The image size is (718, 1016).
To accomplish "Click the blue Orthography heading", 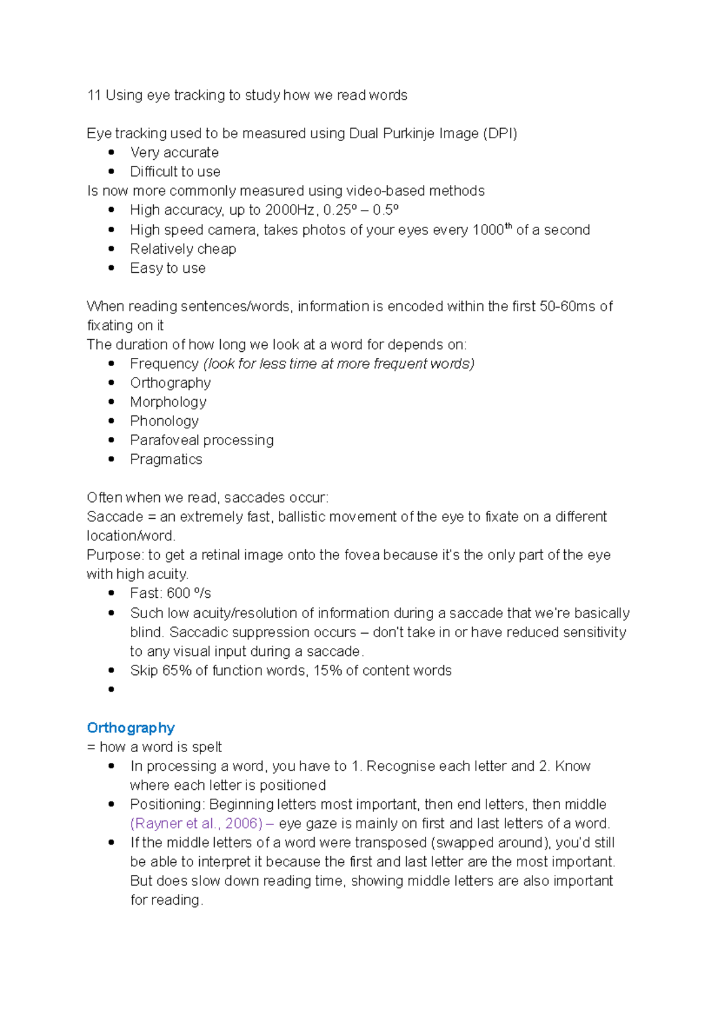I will pos(130,728).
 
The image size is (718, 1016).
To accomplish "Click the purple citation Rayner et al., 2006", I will pos(196,823).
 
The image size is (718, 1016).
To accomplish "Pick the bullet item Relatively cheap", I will pos(183,249).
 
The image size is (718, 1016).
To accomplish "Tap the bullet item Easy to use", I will pos(168,268).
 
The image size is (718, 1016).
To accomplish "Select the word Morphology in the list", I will pos(168,402).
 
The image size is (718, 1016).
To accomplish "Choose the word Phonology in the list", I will pos(164,421).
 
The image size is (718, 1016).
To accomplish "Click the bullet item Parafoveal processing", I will pos(202,440).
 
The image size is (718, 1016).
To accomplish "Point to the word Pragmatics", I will pos(166,460).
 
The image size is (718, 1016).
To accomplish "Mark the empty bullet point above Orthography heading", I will pos(111,689).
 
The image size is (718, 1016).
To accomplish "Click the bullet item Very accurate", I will pos(174,153).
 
